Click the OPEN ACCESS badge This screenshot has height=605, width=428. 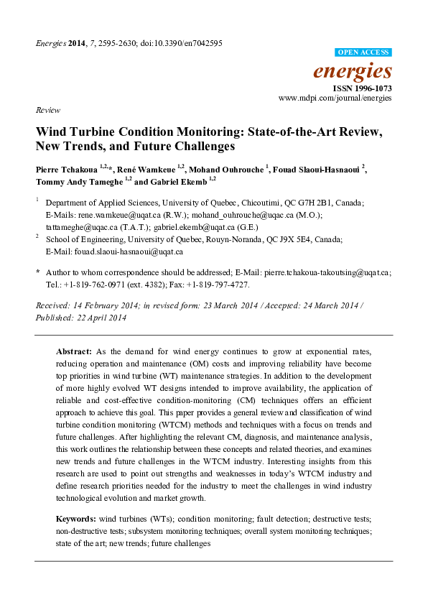363,52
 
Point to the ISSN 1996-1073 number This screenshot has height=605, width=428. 362,87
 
